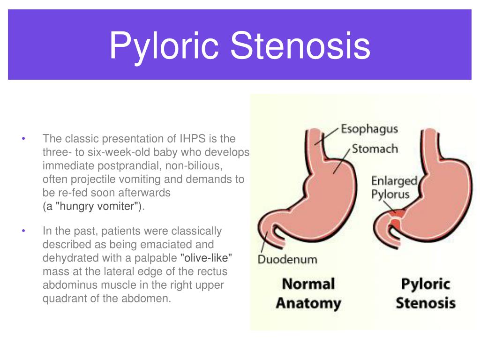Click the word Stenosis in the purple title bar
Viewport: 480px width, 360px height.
pyautogui.click(x=300, y=45)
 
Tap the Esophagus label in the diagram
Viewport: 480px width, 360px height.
pyautogui.click(x=369, y=129)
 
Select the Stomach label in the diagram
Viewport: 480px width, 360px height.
pyautogui.click(x=375, y=149)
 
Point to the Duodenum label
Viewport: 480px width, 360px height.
pyautogui.click(x=287, y=259)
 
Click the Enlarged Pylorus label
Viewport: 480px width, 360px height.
pyautogui.click(x=394, y=187)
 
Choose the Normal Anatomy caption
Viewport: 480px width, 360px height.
pyautogui.click(x=308, y=293)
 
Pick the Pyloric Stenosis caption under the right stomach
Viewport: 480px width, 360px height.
pyautogui.click(x=426, y=293)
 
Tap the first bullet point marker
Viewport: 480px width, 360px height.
pyautogui.click(x=23, y=139)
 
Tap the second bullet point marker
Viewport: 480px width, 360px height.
pyautogui.click(x=23, y=231)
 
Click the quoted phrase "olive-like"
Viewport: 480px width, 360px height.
pyautogui.click(x=206, y=258)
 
